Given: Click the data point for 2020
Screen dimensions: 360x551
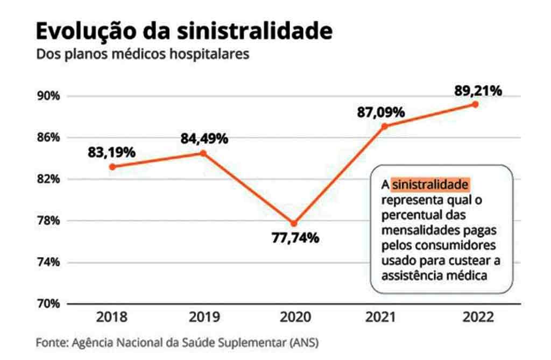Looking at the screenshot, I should (x=294, y=223).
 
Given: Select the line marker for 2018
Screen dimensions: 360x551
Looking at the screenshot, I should (x=112, y=167).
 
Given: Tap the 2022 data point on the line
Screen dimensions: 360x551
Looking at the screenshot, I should (x=475, y=104).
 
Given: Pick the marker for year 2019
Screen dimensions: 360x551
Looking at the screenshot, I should (x=203, y=153).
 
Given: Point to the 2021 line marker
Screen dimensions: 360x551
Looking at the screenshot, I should (x=384, y=126).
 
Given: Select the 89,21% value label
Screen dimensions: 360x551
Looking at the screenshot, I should (x=478, y=90).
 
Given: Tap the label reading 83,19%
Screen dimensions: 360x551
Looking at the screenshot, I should (x=112, y=152).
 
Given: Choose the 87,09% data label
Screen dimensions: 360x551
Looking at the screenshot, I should (x=381, y=112).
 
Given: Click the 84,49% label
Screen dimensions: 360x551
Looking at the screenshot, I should (x=204, y=138).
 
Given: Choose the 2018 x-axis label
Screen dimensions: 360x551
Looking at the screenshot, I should (x=112, y=317).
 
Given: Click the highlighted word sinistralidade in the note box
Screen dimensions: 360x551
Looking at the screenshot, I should (x=430, y=185).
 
